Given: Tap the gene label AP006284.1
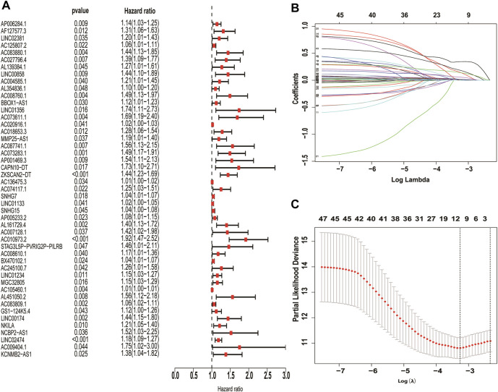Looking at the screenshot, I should click(x=20, y=25).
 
